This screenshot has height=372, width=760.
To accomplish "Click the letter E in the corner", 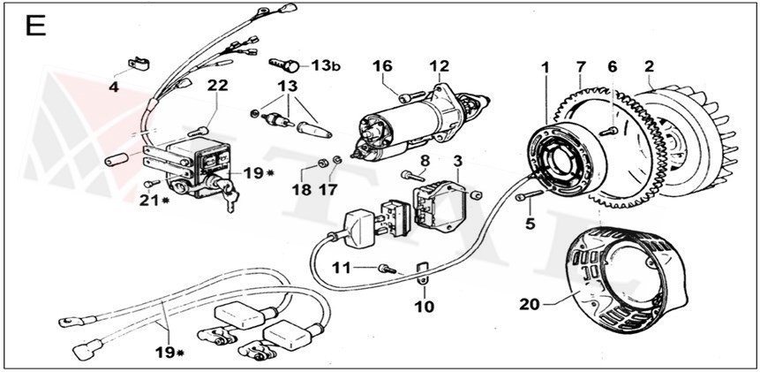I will point(36,27).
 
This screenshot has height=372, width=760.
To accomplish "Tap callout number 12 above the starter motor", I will point(439,66).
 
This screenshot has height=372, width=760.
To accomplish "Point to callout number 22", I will point(218,86).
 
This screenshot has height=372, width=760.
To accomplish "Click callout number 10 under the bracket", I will point(425,308).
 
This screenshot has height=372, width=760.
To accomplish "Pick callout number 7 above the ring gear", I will point(580,66).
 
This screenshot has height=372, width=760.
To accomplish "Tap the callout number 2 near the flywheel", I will point(649,66).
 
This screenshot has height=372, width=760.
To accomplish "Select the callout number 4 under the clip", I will point(114,87).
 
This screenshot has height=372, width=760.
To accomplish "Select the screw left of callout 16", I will point(405,95).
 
